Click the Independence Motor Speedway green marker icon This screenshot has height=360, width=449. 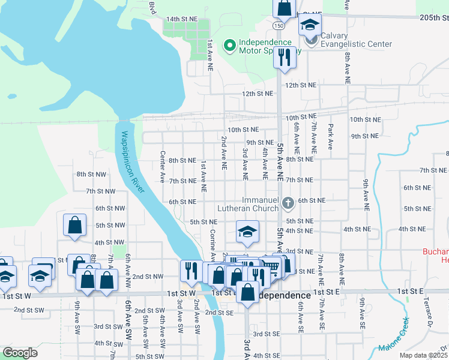[x=229, y=46]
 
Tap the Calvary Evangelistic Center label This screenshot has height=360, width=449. [x=356, y=40]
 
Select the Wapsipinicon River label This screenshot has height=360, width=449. [x=133, y=162]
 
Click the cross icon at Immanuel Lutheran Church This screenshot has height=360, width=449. [x=288, y=204]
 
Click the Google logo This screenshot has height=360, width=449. [x=20, y=353]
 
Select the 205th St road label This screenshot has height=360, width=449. [x=434, y=19]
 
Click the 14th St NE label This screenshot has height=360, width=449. [x=182, y=19]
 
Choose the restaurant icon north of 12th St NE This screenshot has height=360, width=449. [x=283, y=57]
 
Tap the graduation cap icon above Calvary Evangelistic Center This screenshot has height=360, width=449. [x=310, y=25]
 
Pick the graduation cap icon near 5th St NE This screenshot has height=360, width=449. [x=246, y=232]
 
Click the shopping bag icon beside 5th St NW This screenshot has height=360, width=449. [x=74, y=225]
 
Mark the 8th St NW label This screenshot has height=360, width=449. [x=91, y=174]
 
